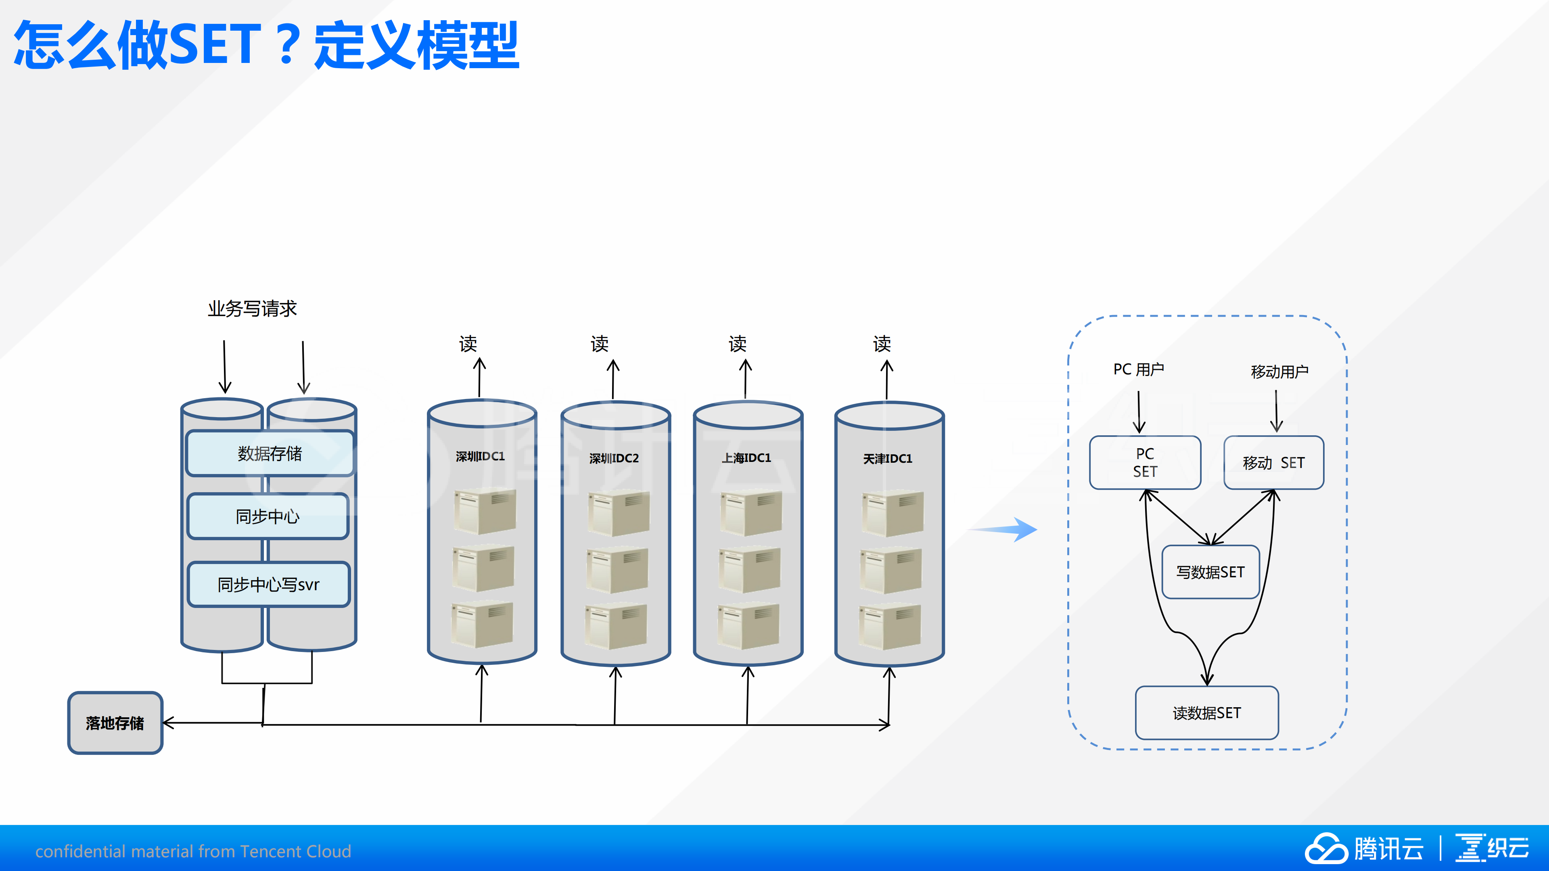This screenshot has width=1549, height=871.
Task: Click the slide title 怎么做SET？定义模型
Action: [266, 45]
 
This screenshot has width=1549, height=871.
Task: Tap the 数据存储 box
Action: [270, 453]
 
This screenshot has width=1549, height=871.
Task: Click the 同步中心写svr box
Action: [268, 584]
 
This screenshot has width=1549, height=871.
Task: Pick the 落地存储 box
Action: [115, 723]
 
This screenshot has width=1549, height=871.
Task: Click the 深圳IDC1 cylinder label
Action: [480, 457]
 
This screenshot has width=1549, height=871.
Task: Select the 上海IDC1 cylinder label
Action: [746, 458]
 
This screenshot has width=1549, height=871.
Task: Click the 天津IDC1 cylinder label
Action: [888, 459]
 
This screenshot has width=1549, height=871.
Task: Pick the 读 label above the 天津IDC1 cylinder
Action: [882, 344]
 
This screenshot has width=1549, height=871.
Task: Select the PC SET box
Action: [1145, 462]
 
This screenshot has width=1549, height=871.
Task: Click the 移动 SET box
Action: [1273, 462]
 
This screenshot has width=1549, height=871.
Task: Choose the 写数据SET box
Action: [1210, 572]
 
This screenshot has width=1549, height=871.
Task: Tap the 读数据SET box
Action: [1207, 713]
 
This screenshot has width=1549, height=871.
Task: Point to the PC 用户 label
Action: [1138, 369]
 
